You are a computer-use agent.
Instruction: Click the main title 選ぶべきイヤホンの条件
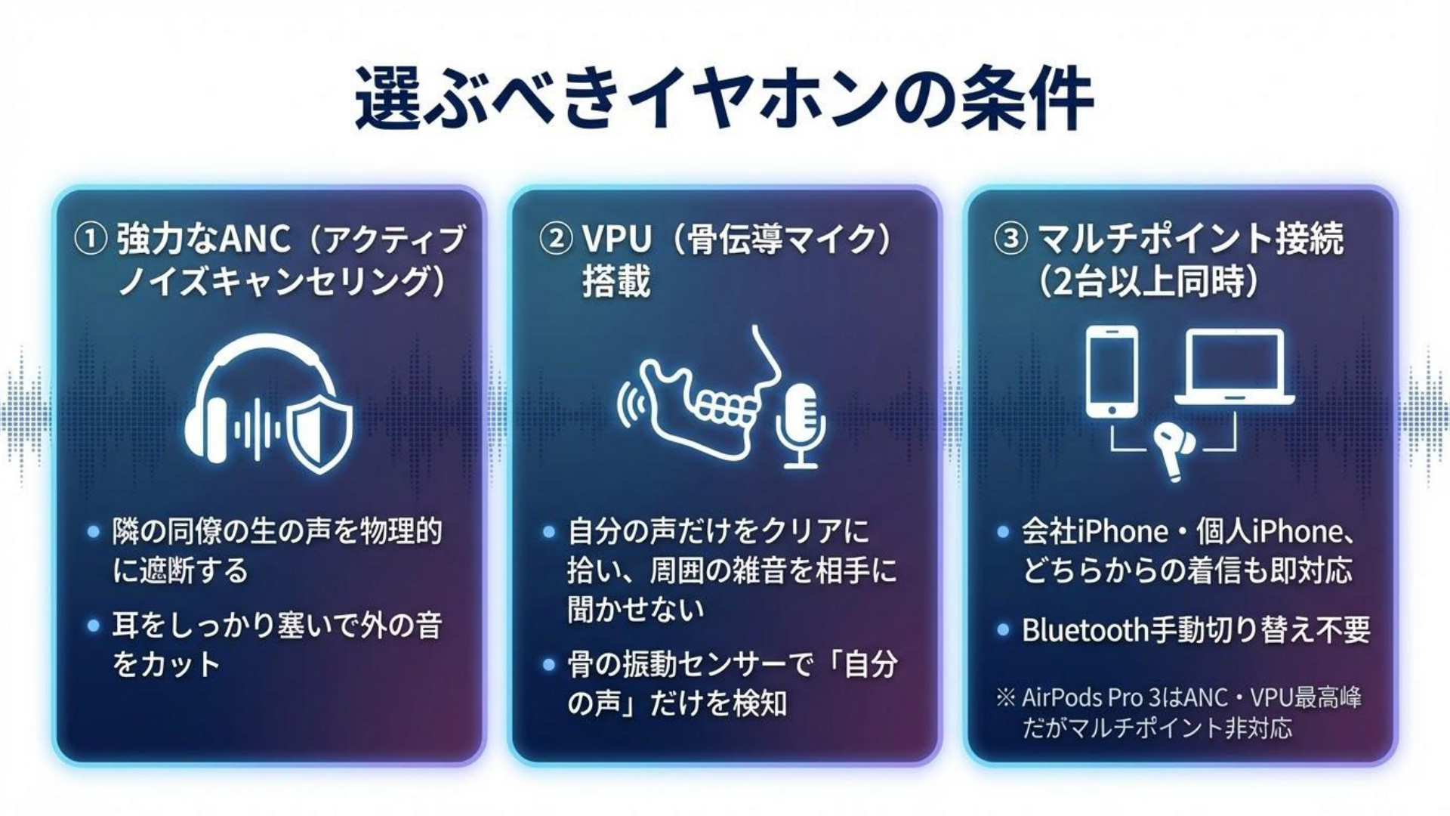[723, 99]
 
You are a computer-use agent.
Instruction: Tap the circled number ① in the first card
[90, 240]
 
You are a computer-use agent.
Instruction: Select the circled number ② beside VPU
[556, 240]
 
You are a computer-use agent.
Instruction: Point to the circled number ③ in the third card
[1010, 240]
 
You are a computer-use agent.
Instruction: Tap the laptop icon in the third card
[1234, 366]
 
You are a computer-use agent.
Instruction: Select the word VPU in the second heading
[617, 240]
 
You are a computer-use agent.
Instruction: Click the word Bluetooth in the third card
[1085, 629]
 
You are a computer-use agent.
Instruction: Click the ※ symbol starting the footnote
[1006, 697]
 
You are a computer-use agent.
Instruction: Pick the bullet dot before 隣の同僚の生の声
[93, 532]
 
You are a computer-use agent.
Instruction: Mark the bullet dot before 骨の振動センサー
[549, 665]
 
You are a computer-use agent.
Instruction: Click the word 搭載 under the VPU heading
[616, 281]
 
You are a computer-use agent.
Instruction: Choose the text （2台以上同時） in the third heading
[1149, 282]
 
